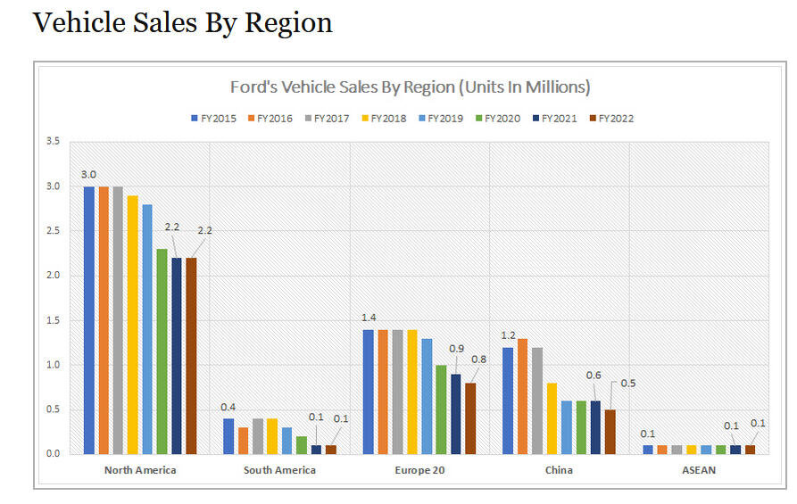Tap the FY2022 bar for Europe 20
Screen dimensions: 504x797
(x=470, y=417)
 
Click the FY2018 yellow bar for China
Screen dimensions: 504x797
(x=552, y=417)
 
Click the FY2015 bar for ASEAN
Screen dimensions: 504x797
(x=648, y=449)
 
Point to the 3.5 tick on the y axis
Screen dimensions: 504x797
(x=53, y=142)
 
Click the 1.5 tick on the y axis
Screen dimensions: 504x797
(x=53, y=320)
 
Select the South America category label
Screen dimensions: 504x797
(x=280, y=470)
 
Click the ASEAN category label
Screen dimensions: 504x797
(x=700, y=470)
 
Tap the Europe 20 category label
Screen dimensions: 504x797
(x=419, y=470)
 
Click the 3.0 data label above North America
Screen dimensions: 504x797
(x=88, y=175)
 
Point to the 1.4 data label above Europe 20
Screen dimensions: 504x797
(x=369, y=318)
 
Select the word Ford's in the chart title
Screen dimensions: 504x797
(x=253, y=87)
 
